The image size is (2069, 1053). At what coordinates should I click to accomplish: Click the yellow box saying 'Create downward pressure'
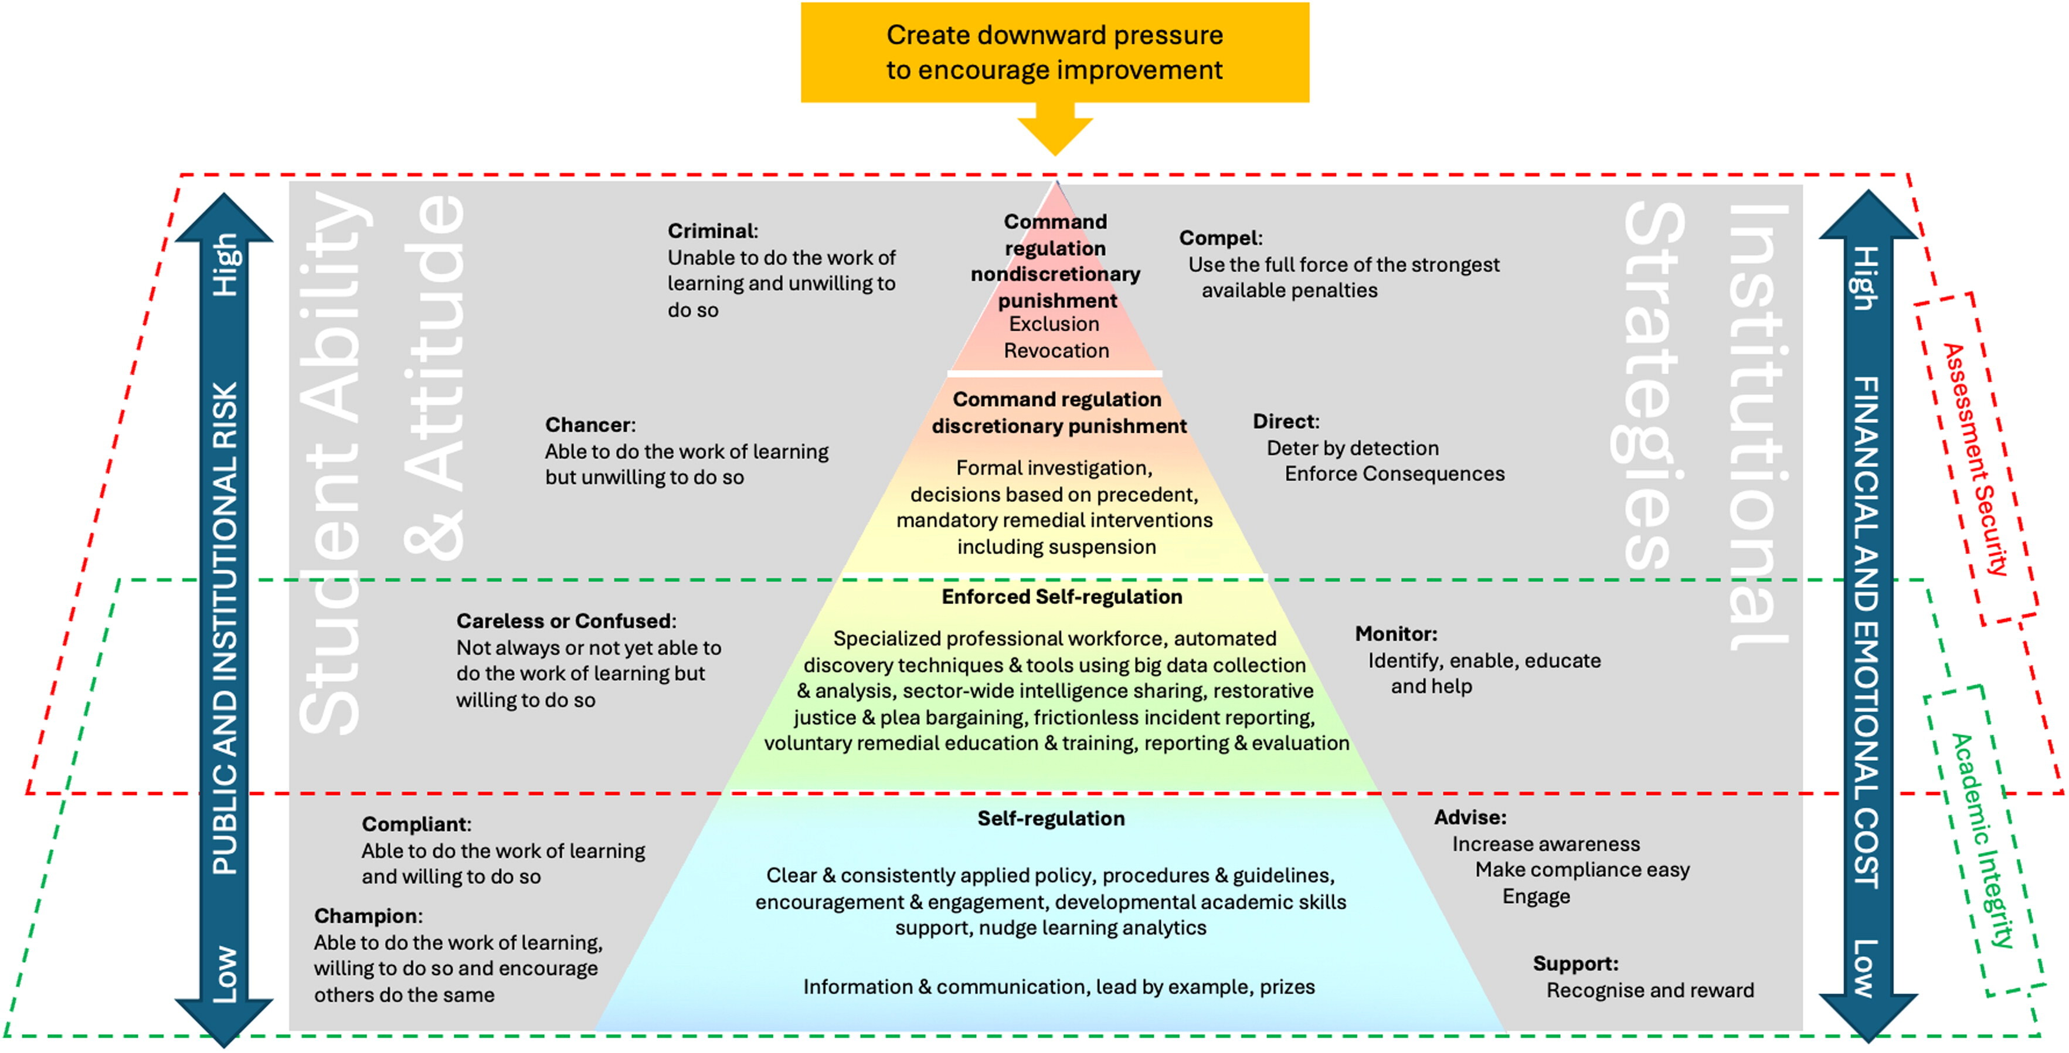(1055, 52)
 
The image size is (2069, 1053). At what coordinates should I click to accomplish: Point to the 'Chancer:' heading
(590, 425)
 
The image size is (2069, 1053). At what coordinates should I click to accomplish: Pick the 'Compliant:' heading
(416, 824)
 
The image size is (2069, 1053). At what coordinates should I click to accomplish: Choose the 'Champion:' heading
(368, 916)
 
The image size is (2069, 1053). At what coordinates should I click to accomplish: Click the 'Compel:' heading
(1221, 238)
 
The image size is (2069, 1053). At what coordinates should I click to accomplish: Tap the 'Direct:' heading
(1286, 422)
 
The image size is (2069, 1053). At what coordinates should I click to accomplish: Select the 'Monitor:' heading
(1396, 634)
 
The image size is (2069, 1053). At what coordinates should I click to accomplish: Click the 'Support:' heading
(1575, 964)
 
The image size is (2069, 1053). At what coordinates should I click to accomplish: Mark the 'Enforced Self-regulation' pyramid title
(1062, 597)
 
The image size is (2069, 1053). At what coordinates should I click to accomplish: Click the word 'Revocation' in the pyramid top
(1056, 351)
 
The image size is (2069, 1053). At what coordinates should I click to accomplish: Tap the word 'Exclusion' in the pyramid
(1054, 324)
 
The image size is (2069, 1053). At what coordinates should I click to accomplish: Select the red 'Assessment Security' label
(1975, 460)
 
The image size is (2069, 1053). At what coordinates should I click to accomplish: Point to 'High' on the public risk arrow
(226, 265)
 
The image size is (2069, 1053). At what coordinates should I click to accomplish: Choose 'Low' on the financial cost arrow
(1865, 969)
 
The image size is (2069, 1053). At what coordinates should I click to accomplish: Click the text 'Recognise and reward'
(1650, 990)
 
